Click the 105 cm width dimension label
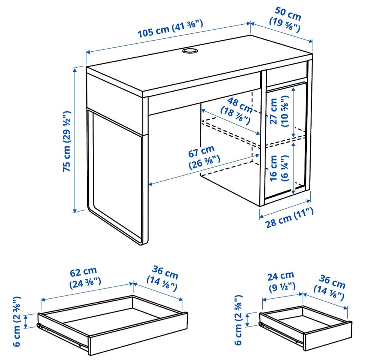click(170, 29)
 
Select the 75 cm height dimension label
click(67, 141)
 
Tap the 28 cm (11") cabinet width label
click(290, 217)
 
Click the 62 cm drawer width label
click(84, 277)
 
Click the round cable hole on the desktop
click(189, 51)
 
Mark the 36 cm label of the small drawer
click(329, 287)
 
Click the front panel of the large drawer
click(138, 335)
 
